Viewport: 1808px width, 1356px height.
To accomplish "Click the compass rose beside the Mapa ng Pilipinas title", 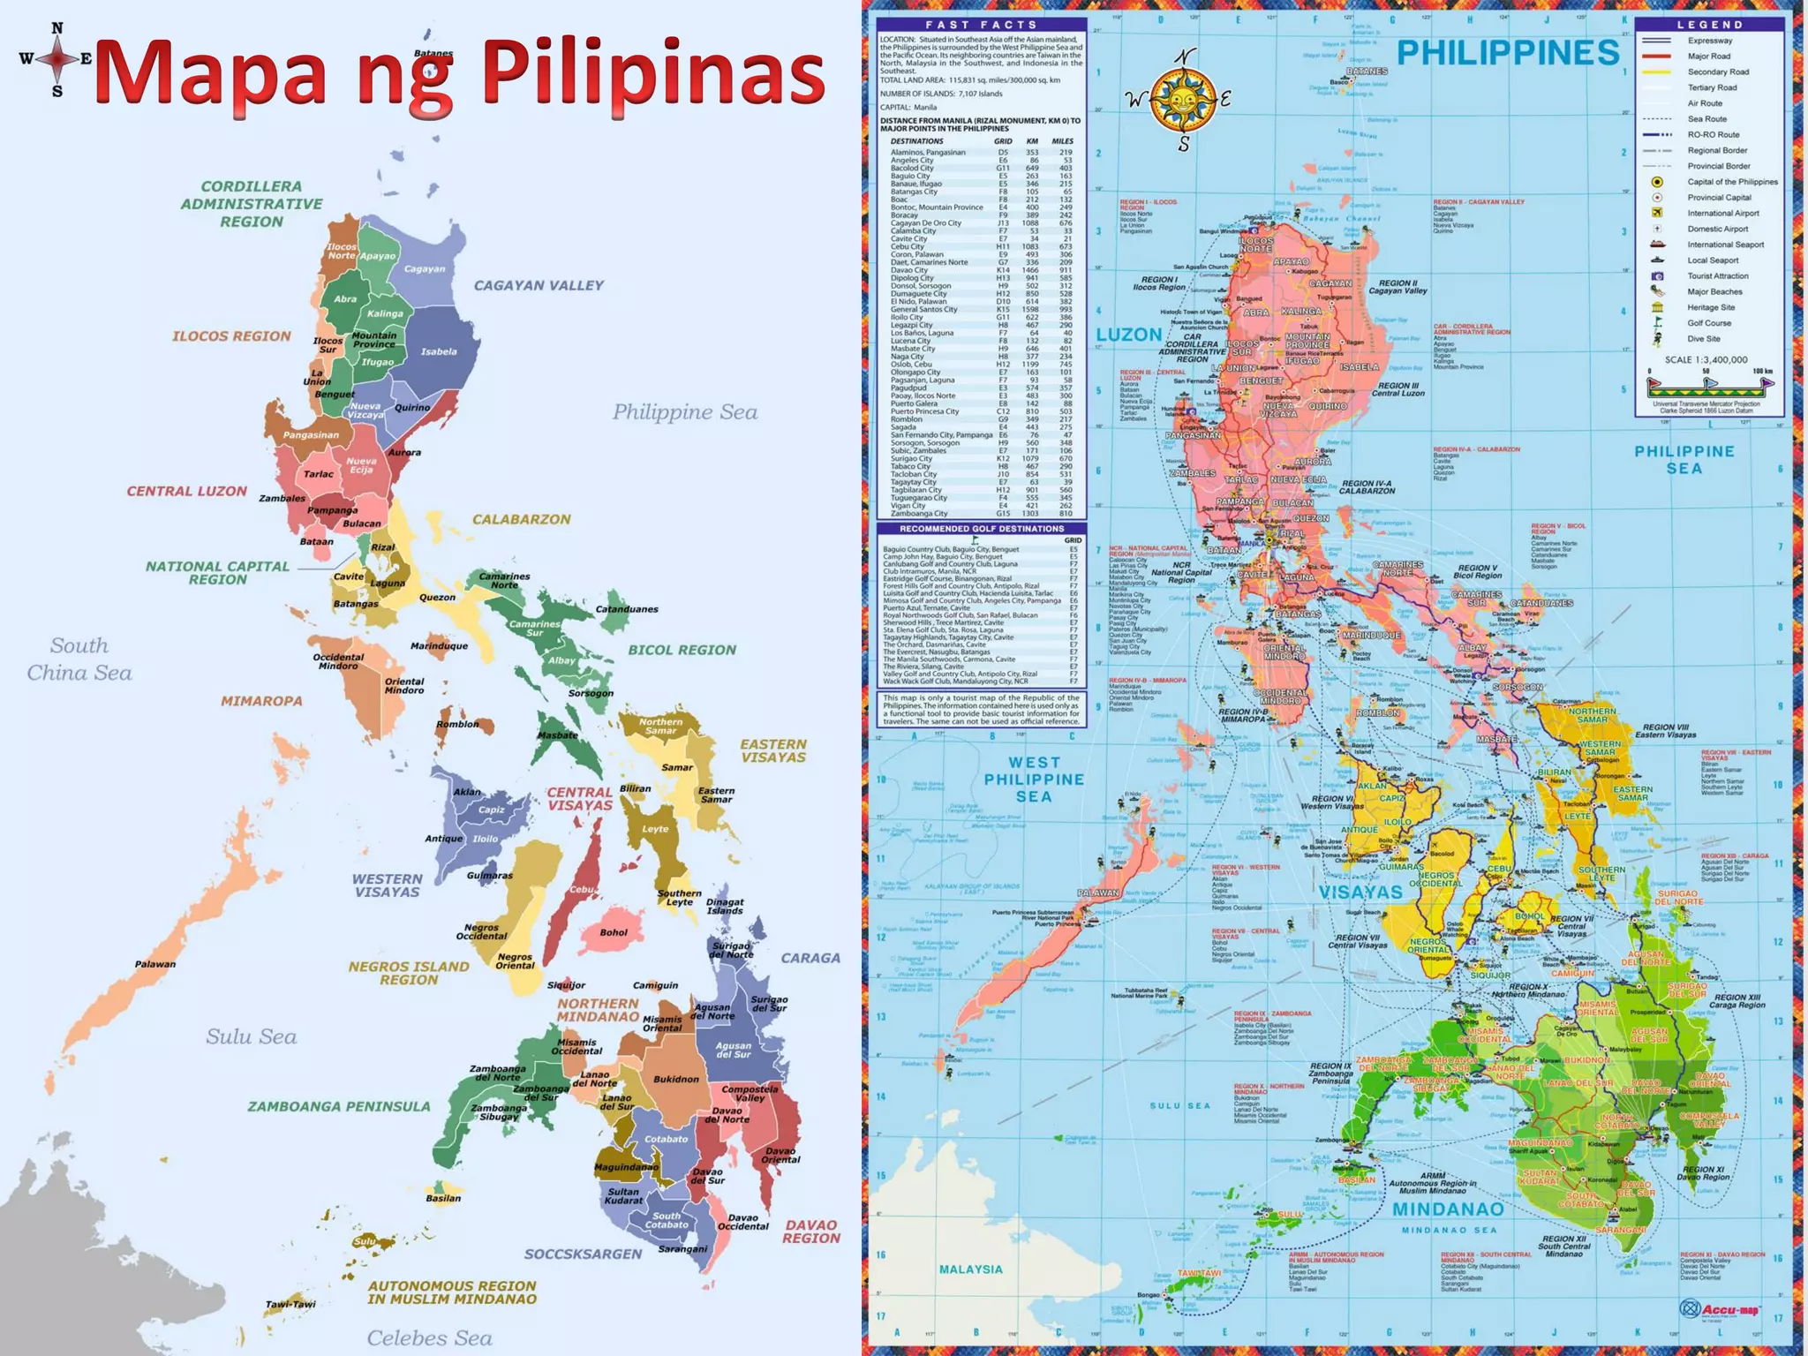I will pos(56,59).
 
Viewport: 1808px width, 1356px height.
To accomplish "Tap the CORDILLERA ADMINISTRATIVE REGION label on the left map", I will pos(252,204).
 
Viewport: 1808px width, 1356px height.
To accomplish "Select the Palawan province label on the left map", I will pos(155,964).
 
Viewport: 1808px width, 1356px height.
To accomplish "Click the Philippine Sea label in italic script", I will pos(685,412).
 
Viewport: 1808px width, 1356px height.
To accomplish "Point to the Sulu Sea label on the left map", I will pos(251,1036).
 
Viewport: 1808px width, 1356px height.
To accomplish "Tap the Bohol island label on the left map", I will pos(614,932).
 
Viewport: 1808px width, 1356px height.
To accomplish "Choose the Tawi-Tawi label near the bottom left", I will pos(290,1304).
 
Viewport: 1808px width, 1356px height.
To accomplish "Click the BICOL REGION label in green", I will pos(682,650).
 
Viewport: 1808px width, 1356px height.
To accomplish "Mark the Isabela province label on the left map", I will pos(439,351).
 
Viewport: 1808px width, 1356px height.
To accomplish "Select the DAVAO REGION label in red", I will pos(810,1232).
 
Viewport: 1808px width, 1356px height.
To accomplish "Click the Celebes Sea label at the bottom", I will pos(429,1338).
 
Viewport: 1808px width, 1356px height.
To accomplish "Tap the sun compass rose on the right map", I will pos(1183,99).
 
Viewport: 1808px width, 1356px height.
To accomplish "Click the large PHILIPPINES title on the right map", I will pos(1508,53).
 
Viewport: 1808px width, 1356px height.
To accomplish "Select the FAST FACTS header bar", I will pos(981,25).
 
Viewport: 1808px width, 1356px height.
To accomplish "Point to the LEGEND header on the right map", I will pos(1709,25).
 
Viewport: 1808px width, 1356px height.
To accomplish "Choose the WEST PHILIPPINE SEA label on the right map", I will pos(1034,780).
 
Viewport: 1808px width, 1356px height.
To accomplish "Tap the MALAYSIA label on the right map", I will pos(970,1269).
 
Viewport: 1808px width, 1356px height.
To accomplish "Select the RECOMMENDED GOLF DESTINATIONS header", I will pos(981,529).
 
